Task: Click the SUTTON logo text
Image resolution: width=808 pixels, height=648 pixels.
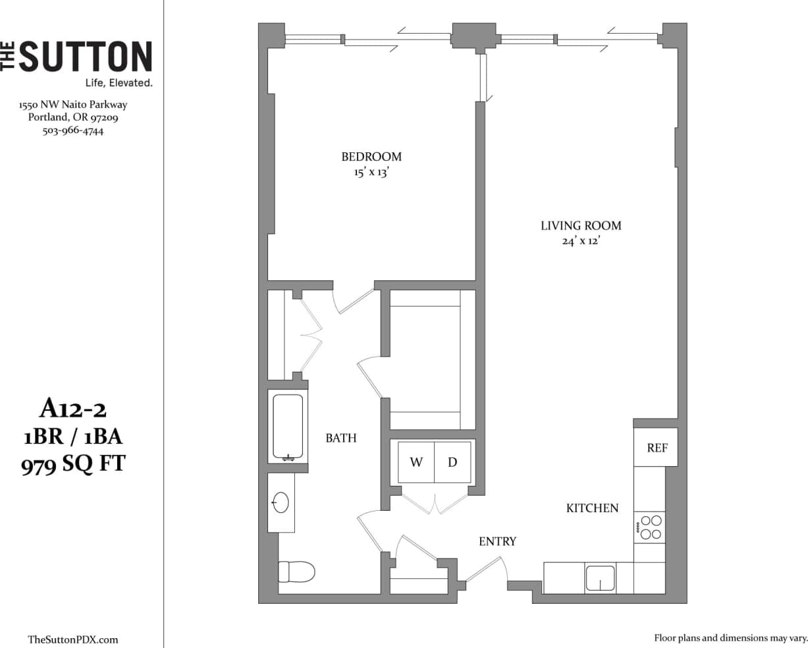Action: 84,57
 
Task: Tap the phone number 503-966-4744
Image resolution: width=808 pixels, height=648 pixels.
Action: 73,131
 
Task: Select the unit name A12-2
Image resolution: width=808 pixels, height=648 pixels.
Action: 73,410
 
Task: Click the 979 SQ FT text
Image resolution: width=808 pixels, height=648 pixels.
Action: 73,465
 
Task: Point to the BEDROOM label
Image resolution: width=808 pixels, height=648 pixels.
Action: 371,157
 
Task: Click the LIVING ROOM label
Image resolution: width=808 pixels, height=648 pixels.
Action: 581,225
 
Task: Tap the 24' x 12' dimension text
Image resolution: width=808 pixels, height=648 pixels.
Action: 580,242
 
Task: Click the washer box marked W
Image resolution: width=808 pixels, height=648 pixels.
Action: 416,462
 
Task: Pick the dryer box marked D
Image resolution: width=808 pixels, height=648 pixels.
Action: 452,462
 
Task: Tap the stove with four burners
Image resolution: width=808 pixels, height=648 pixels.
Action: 650,527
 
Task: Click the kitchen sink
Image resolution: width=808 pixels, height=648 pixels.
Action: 600,578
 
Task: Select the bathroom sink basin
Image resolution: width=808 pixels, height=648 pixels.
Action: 281,503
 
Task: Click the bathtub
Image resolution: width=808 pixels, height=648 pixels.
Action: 288,427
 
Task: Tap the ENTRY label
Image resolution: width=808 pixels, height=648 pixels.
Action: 497,542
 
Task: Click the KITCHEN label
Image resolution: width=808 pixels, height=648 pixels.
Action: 593,508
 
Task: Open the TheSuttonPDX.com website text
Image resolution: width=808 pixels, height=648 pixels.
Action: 73,639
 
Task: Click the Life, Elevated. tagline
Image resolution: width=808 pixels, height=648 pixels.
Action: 119,83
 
